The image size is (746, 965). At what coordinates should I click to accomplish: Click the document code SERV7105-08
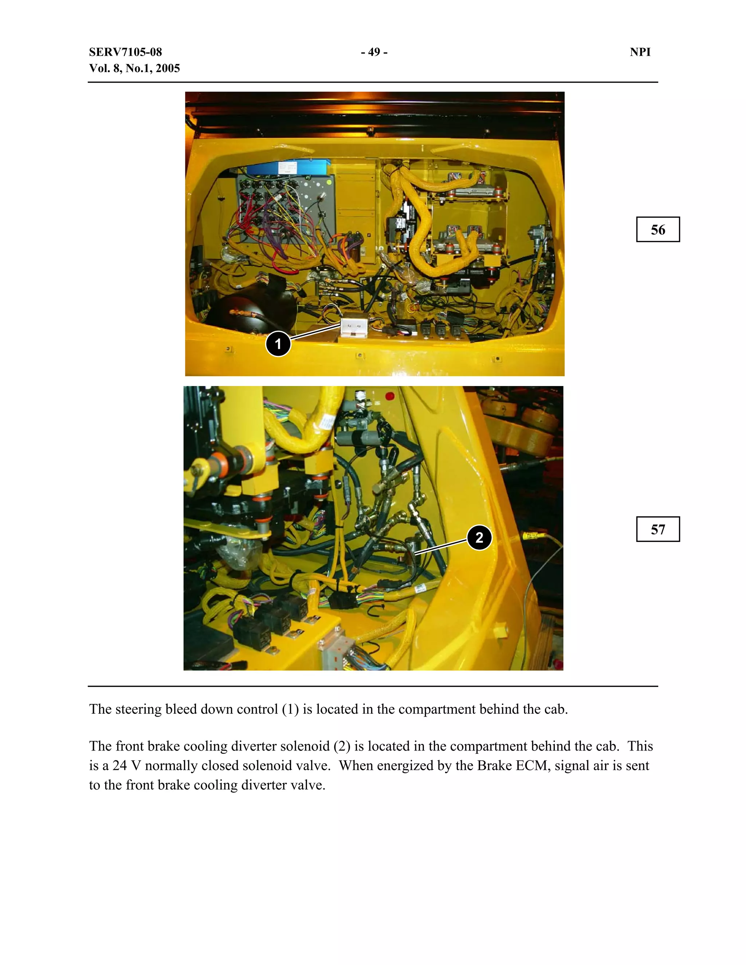tap(126, 52)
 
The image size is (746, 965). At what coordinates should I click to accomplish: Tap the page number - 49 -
tap(374, 52)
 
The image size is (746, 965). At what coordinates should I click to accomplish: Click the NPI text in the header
tap(640, 52)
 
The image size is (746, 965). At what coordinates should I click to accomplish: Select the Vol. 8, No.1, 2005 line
tap(134, 68)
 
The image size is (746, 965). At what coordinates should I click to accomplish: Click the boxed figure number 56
tap(657, 230)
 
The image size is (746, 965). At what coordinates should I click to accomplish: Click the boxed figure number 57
tap(657, 529)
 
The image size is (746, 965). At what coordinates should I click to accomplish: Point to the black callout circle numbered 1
tap(278, 344)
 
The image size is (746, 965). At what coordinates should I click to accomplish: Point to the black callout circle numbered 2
tap(479, 538)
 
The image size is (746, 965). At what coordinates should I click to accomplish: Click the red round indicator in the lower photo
tap(390, 396)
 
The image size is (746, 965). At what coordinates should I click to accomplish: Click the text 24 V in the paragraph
tap(126, 765)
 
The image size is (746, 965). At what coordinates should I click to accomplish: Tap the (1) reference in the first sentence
tap(290, 709)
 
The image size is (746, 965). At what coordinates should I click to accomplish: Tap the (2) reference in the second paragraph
tap(342, 746)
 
